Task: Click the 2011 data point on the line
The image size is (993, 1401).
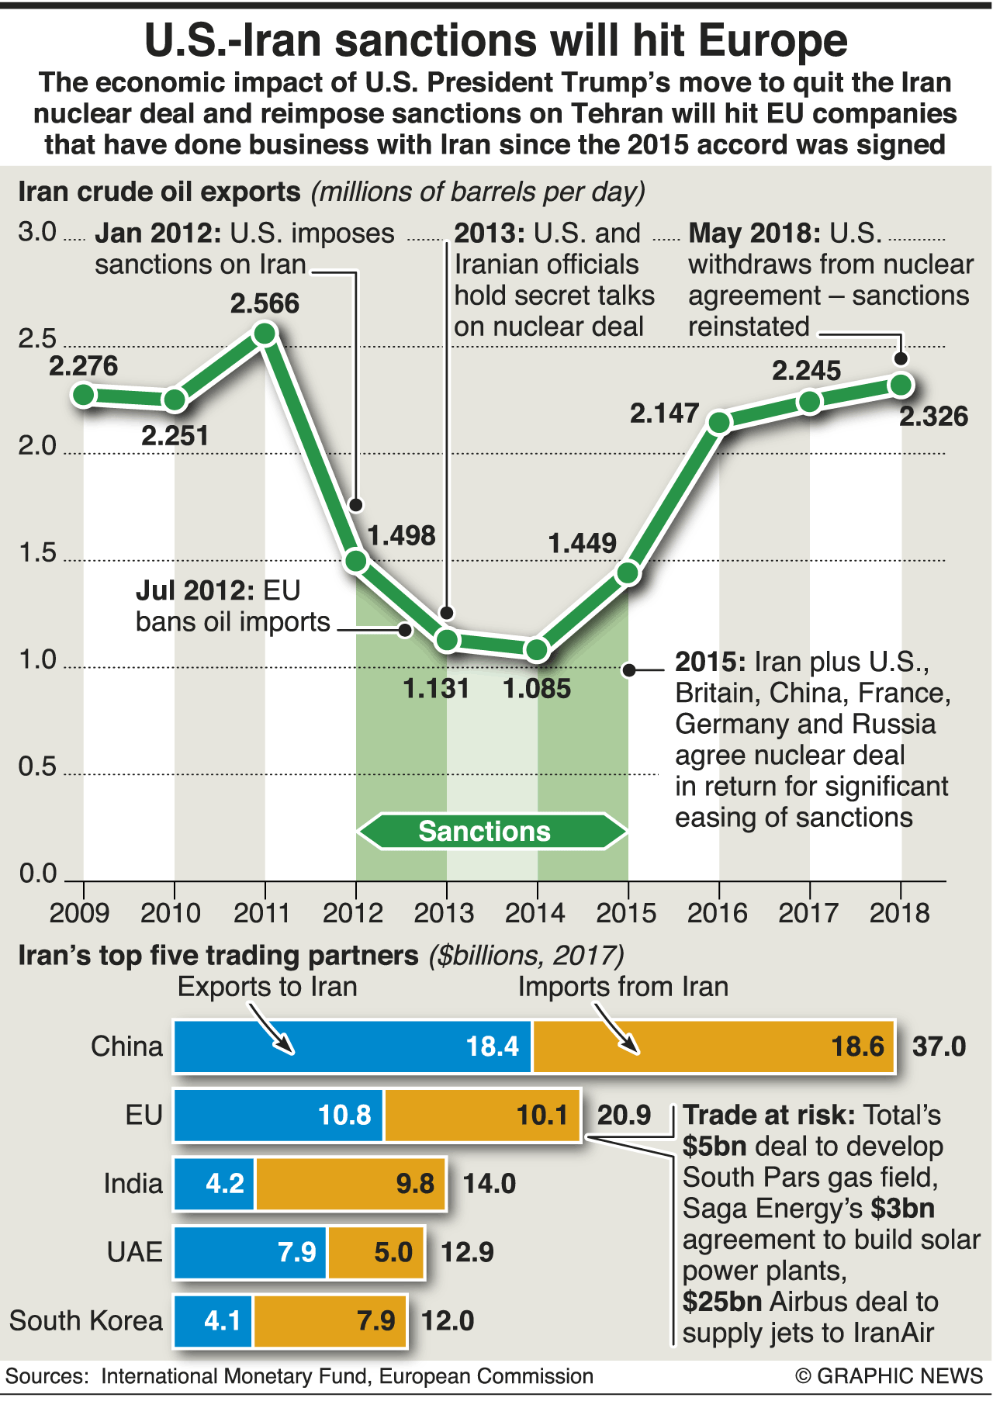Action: [265, 334]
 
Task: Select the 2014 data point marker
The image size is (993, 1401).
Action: [537, 649]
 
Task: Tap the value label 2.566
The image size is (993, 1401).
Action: [265, 303]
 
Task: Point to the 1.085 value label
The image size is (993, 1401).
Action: [537, 688]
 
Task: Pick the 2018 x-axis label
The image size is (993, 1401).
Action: [899, 912]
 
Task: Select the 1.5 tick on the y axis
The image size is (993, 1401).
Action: [37, 553]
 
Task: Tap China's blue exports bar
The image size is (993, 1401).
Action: [353, 1046]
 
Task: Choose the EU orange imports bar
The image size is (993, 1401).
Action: [482, 1115]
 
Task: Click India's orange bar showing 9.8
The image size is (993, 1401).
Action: [351, 1183]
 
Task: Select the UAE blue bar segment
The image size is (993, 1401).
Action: [251, 1251]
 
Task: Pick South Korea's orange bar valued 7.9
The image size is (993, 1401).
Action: [330, 1320]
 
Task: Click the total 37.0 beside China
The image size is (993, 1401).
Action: [939, 1046]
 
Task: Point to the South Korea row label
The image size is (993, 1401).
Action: [86, 1320]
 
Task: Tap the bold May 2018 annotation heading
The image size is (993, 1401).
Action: [754, 233]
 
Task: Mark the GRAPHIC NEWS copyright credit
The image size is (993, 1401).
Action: [889, 1375]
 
